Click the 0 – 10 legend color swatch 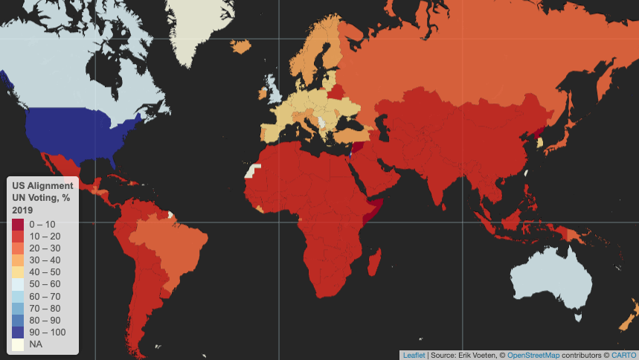point(18,224)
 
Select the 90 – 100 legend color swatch point(18,332)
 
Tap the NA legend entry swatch point(18,344)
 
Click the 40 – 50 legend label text point(45,272)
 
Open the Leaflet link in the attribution point(414,355)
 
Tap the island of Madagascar point(376,263)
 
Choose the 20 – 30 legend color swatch point(18,248)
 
